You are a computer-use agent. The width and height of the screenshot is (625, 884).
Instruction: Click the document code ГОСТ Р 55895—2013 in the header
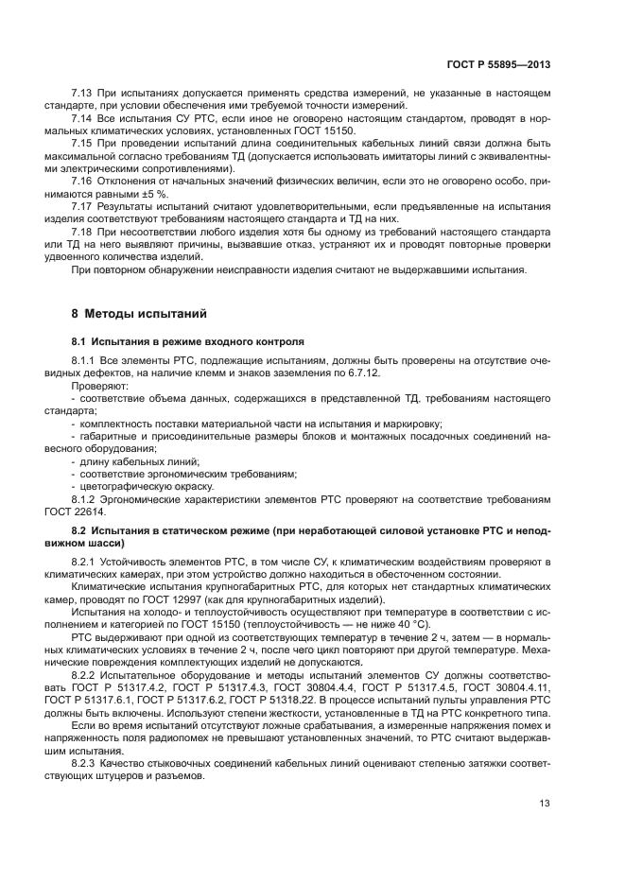tap(498, 64)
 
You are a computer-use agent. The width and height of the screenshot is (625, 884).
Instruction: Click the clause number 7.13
tap(84, 93)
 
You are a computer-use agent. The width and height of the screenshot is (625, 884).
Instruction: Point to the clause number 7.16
tap(84, 179)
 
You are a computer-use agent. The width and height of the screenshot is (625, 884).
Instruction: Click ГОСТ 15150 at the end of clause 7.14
tap(328, 130)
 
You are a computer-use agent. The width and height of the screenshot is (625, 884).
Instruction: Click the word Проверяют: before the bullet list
tap(97, 388)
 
